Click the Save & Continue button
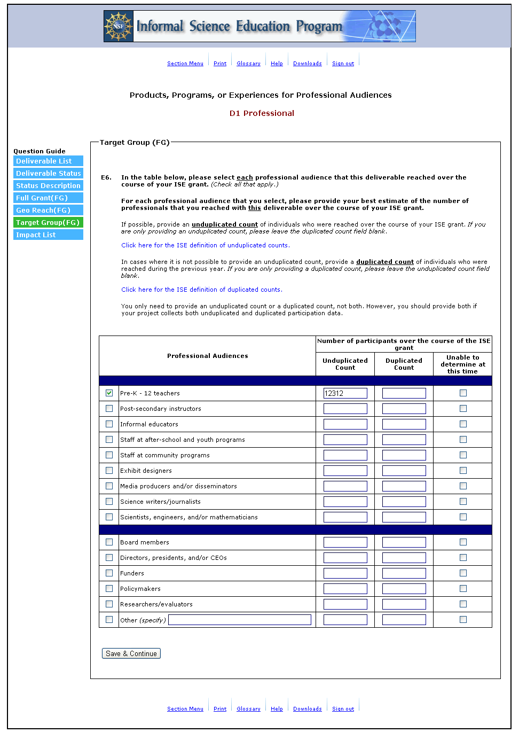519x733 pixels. (131, 653)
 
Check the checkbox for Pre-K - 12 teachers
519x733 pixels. (109, 393)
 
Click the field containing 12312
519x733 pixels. (345, 393)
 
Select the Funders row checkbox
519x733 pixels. (109, 573)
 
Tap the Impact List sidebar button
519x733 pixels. (48, 235)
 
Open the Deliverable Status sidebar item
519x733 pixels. (48, 174)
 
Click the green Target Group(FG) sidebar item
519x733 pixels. (48, 223)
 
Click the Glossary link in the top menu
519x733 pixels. (248, 64)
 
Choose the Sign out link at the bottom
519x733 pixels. (343, 709)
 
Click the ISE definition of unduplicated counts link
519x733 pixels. (205, 245)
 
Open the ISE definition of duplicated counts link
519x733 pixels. (201, 290)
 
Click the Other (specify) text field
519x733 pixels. (240, 620)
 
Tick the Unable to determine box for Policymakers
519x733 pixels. (463, 589)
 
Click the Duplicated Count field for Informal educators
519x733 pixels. (404, 424)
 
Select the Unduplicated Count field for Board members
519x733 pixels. (345, 542)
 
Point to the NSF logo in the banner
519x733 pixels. (119, 26)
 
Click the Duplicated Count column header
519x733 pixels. (404, 364)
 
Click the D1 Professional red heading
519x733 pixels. (262, 113)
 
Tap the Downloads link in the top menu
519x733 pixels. (307, 64)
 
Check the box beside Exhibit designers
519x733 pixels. (109, 471)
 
